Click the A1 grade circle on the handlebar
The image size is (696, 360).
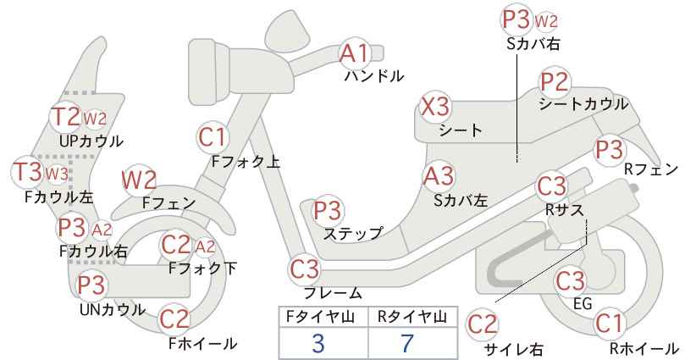354,54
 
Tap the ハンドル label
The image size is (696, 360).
374,76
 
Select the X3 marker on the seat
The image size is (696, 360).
435,107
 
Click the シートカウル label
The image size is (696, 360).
583,104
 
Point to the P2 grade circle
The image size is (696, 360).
555,82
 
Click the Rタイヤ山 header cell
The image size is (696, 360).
413,318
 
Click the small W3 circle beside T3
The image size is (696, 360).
58,174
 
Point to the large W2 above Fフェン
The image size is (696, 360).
139,180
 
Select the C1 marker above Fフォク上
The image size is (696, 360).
213,137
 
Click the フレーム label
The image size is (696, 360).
333,293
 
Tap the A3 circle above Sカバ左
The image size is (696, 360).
439,176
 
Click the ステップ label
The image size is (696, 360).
353,233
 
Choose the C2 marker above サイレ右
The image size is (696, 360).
483,324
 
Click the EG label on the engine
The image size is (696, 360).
583,303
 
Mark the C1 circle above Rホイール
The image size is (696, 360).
609,324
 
